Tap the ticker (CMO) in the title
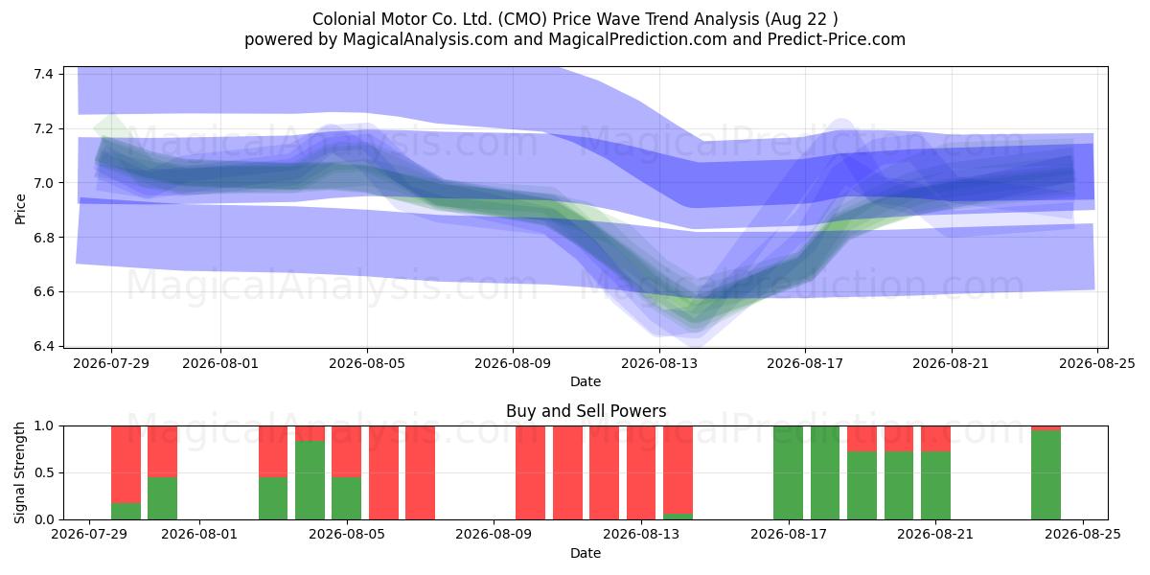pos(522,19)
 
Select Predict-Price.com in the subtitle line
pos(836,39)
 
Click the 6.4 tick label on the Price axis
pos(44,346)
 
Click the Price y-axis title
pos(20,209)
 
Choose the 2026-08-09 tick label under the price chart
pos(513,363)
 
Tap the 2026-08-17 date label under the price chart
pos(805,363)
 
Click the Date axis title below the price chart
pos(586,381)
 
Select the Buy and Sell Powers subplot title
pos(586,411)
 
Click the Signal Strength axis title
pos(20,472)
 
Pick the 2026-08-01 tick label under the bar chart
pos(199,535)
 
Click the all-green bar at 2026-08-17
pos(788,472)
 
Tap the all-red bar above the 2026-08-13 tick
pos(641,472)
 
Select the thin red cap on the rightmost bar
pos(1046,428)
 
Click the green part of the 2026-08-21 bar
pos(935,486)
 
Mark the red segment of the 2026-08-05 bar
pos(346,451)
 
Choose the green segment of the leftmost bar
pos(126,512)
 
